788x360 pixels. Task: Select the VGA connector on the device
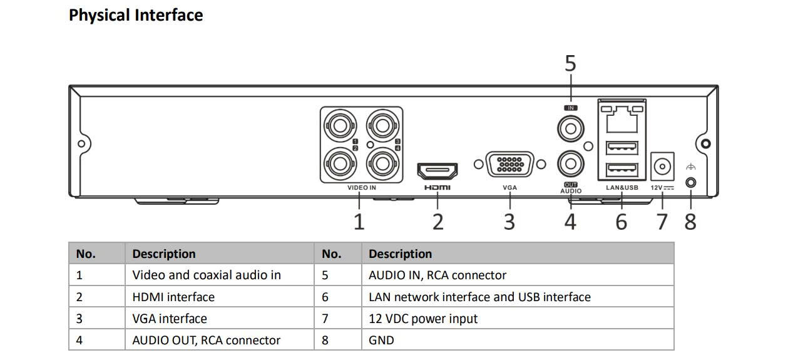click(x=509, y=165)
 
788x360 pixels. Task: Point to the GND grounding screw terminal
click(x=690, y=182)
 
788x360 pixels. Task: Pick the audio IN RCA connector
click(x=570, y=130)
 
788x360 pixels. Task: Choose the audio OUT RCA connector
click(x=570, y=165)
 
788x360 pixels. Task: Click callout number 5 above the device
click(x=570, y=64)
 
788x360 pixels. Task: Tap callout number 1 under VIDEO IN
click(x=359, y=222)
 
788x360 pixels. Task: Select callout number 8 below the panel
click(x=690, y=222)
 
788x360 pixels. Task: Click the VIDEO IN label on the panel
click(x=362, y=187)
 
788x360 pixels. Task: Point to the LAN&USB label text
click(x=622, y=187)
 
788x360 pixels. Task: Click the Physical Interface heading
click(x=136, y=15)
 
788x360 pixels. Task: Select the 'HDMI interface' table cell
click(x=173, y=297)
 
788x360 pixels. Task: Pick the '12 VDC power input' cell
click(x=423, y=319)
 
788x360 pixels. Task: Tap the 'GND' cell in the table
click(x=382, y=341)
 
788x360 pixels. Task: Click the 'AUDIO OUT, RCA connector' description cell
click(x=207, y=341)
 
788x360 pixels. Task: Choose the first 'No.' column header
click(x=86, y=254)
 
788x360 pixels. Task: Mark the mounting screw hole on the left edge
click(x=81, y=144)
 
